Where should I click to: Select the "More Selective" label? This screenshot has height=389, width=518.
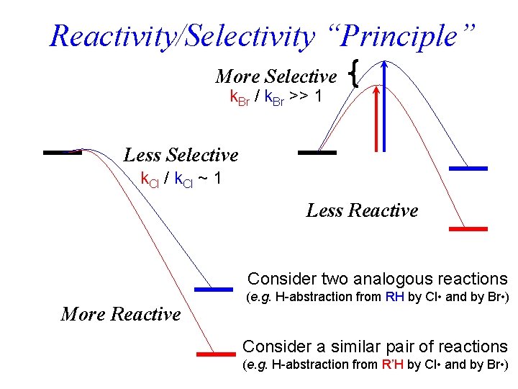[276, 76]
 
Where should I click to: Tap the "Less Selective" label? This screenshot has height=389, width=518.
[181, 155]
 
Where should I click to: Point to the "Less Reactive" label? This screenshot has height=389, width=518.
[362, 210]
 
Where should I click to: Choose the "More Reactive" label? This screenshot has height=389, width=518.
[121, 313]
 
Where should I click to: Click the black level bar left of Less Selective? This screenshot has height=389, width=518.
[63, 153]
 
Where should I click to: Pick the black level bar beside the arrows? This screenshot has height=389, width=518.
[317, 153]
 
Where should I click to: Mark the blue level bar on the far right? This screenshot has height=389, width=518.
[468, 168]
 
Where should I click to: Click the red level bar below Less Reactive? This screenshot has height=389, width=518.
[468, 228]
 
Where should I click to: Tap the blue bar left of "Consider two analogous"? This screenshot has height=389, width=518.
[214, 290]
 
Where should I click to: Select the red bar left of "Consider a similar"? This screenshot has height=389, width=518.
[216, 354]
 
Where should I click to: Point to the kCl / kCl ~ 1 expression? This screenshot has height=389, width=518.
[180, 178]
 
